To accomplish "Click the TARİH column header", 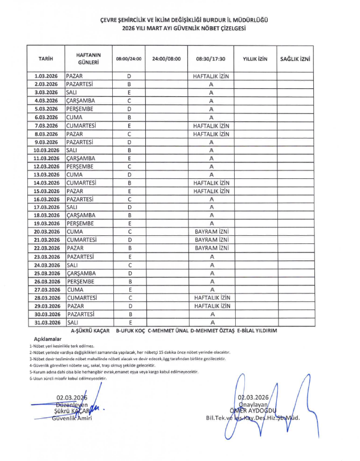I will (x=46, y=58).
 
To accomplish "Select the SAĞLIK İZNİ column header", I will (x=295, y=58).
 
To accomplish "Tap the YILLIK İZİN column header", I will (x=255, y=58).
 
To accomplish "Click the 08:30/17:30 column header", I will (x=211, y=58).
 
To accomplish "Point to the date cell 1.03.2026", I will (x=46, y=76).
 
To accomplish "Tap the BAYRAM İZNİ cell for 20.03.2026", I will (x=211, y=232).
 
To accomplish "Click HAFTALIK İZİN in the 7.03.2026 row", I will (x=211, y=125).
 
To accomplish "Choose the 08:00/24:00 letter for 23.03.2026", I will (x=129, y=256).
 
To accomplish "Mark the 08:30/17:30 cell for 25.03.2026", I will (x=211, y=273).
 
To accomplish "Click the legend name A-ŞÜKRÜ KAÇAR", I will (x=90, y=331).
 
